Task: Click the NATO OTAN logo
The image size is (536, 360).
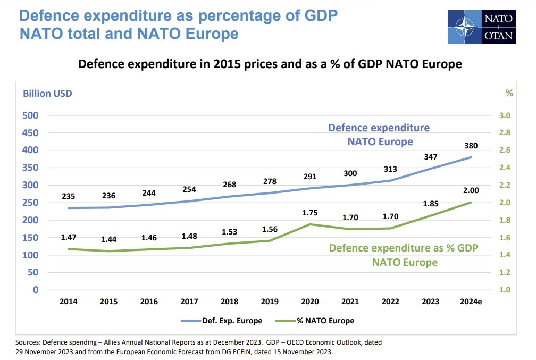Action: pos(481,27)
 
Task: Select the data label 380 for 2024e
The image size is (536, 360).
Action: pos(471,146)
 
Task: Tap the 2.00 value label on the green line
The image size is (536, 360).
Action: pos(471,190)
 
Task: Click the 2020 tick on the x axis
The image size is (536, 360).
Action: pos(309,302)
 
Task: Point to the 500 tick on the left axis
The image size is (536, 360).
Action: pos(30,115)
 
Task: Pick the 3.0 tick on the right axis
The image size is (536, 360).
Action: pos(505,115)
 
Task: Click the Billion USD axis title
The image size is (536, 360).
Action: pos(47,94)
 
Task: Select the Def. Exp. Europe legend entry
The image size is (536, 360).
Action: pos(222,321)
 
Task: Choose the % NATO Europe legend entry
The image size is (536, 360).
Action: pos(315,321)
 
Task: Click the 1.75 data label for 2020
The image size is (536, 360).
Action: pos(309,213)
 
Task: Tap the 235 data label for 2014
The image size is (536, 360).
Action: pos(69,196)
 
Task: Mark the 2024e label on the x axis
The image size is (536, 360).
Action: pos(471,302)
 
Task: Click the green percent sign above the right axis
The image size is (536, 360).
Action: pos(509,93)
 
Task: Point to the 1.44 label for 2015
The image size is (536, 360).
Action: pos(108,239)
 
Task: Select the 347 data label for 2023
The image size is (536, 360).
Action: pos(430,157)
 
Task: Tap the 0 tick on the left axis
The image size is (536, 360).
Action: pos(36,290)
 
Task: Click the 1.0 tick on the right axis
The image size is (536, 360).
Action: pos(505,290)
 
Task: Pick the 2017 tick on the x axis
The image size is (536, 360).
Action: pos(189,302)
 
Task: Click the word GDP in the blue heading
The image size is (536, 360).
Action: pos(321,15)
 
